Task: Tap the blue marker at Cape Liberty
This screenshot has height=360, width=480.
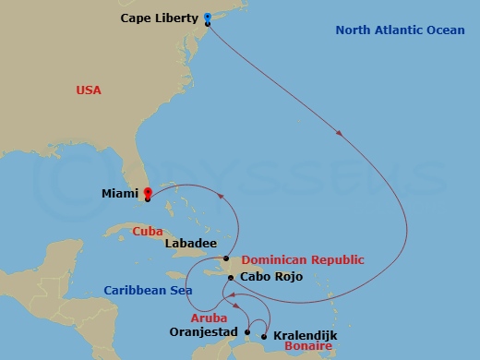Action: [208, 18]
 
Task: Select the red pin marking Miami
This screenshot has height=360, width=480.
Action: [147, 193]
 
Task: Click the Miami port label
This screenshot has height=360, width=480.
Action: [120, 194]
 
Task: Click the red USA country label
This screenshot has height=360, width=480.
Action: [89, 90]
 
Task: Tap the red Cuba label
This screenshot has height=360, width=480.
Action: [147, 231]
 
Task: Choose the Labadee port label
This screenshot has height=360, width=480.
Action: [190, 244]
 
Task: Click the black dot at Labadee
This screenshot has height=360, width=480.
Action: [226, 258]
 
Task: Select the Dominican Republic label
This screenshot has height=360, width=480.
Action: [303, 260]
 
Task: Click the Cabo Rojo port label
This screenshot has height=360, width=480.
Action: [267, 276]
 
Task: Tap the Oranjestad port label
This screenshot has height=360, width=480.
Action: [204, 331]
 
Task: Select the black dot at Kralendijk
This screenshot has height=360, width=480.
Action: [265, 336]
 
